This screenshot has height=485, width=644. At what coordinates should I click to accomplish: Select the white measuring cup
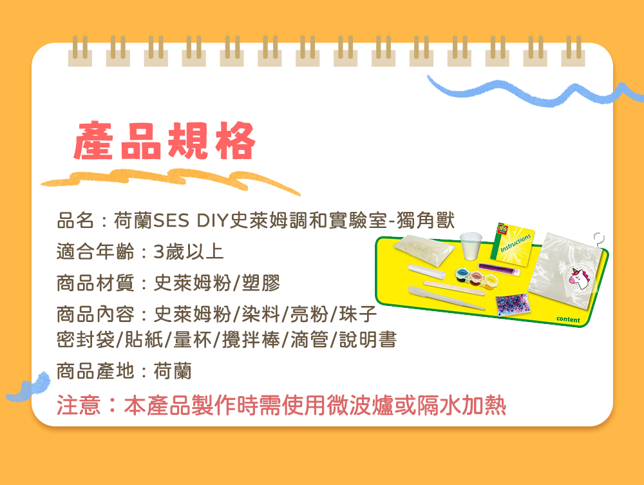(x=471, y=245)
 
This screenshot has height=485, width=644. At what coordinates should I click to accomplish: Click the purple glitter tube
(x=500, y=265)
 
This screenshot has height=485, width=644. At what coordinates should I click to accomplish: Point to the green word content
(x=568, y=319)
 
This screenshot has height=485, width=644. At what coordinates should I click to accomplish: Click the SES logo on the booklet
(x=504, y=229)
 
